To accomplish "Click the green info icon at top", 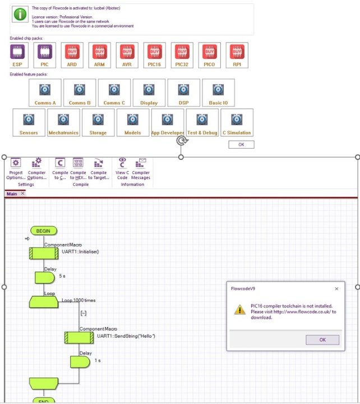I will pyautogui.click(x=20, y=15).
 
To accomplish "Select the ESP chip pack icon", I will pyautogui.click(x=17, y=53).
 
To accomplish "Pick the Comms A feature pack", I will pyautogui.click(x=45, y=90).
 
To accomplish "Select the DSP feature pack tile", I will pyautogui.click(x=183, y=90).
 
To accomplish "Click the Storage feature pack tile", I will pyautogui.click(x=98, y=120).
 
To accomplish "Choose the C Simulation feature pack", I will pyautogui.click(x=237, y=120).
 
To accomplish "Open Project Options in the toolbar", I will pyautogui.click(x=16, y=167).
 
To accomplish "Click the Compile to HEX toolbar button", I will pyautogui.click(x=78, y=167).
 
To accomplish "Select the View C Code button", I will pyautogui.click(x=122, y=167).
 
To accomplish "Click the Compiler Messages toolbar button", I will pyautogui.click(x=141, y=167).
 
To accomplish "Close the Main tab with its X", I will pyautogui.click(x=22, y=194).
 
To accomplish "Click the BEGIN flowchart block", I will pyautogui.click(x=44, y=231).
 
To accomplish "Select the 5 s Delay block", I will pyautogui.click(x=45, y=278).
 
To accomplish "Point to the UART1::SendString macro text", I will pyautogui.click(x=126, y=336).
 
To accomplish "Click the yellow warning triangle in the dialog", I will pyautogui.click(x=239, y=309).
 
